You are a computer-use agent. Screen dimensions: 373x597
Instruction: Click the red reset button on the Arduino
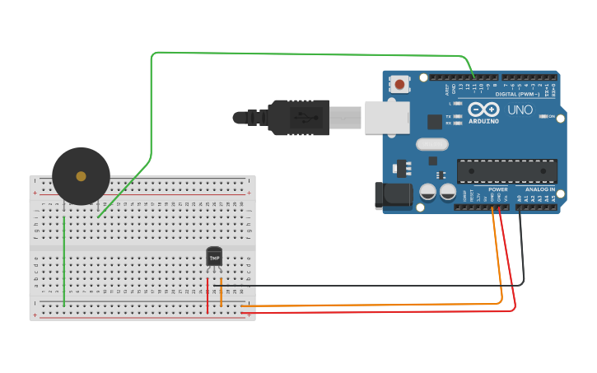click(400, 84)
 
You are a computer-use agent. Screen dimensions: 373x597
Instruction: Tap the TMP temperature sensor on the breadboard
click(214, 257)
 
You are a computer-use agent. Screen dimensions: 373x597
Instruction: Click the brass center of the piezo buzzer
click(81, 176)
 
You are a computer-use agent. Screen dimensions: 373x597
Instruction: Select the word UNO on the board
click(520, 110)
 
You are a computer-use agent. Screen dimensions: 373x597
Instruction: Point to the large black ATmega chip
click(506, 170)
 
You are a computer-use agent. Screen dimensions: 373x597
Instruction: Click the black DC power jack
click(393, 196)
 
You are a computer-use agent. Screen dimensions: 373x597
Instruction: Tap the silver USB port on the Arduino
click(387, 117)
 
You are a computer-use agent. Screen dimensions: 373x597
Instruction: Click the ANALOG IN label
click(540, 189)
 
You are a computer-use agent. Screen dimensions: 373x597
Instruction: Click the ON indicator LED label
click(551, 117)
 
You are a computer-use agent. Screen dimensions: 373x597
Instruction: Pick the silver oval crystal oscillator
click(432, 145)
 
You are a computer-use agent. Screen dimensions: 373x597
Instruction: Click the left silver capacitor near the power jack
click(428, 192)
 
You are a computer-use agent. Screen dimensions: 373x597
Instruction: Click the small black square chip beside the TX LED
click(435, 122)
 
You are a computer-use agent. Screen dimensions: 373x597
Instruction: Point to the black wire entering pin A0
click(520, 247)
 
